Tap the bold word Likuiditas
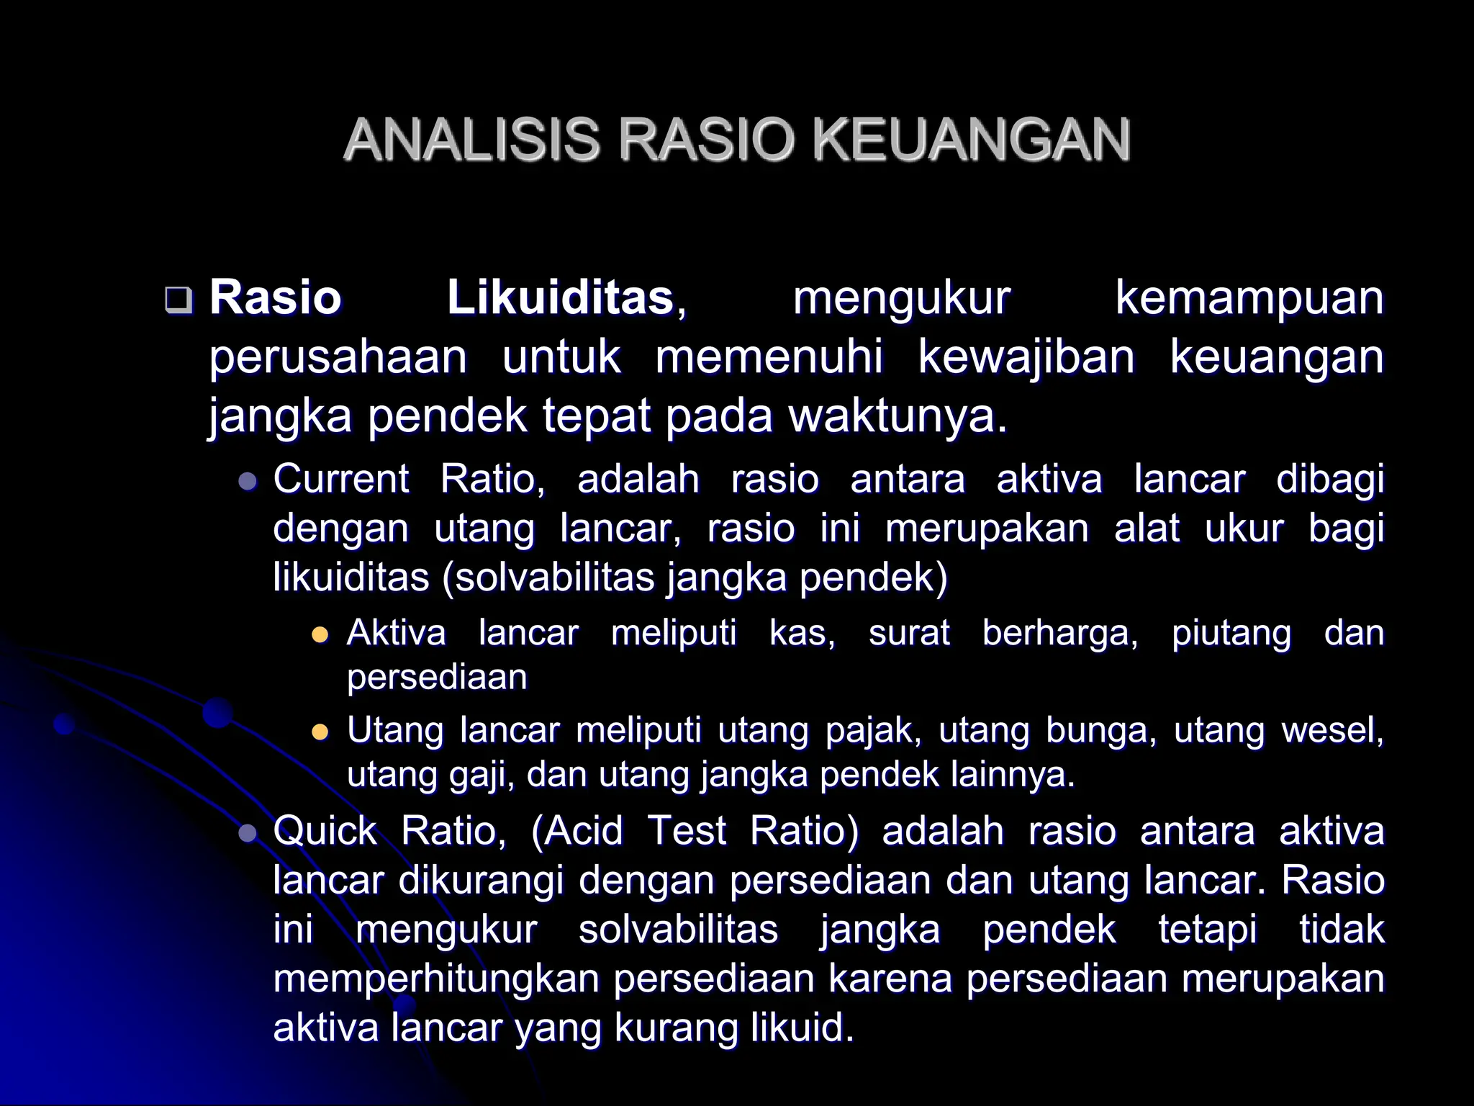pyautogui.click(x=560, y=297)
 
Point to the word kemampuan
pyautogui.click(x=1249, y=297)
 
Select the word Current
pyautogui.click(x=341, y=479)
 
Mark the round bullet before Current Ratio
pyautogui.click(x=248, y=481)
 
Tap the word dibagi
pyautogui.click(x=1330, y=480)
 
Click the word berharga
pyautogui.click(x=1059, y=634)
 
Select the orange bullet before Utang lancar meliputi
pyautogui.click(x=319, y=733)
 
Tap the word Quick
pyautogui.click(x=325, y=831)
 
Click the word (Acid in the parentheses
pyautogui.click(x=577, y=831)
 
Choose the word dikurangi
pyautogui.click(x=481, y=880)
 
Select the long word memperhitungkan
pyautogui.click(x=436, y=979)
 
